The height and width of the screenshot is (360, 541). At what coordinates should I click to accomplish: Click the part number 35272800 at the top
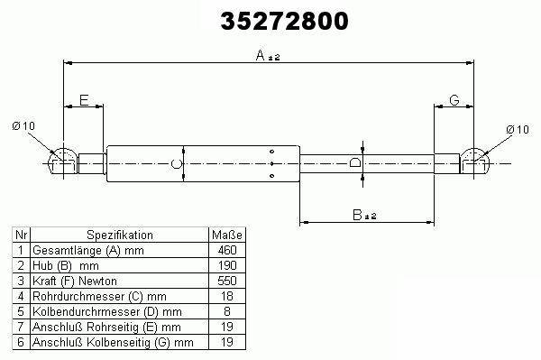tap(284, 21)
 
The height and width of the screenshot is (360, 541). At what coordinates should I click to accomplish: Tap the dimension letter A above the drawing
tap(261, 55)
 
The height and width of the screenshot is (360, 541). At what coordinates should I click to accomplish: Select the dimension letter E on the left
tap(84, 100)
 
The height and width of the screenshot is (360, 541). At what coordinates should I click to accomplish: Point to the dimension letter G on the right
tap(454, 100)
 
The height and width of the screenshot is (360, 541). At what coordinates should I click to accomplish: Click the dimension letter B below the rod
tap(357, 215)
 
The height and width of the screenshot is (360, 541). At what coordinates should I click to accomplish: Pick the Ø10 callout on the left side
tap(23, 125)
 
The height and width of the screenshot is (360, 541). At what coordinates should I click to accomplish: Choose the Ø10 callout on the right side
tap(518, 129)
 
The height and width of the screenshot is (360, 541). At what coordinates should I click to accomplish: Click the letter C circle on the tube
tap(177, 163)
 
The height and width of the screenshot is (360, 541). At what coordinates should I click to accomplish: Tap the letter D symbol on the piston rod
tap(355, 162)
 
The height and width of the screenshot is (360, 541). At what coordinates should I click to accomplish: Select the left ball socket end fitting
tap(63, 162)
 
